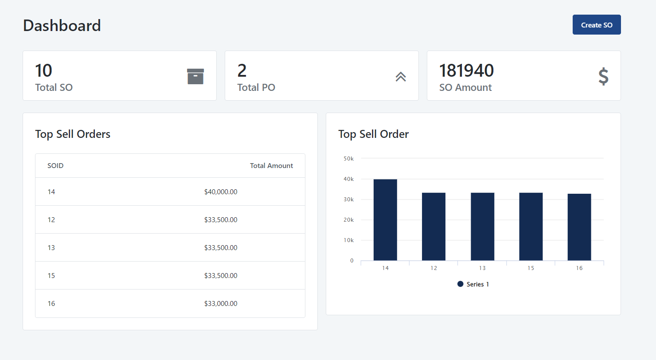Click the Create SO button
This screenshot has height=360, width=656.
click(597, 25)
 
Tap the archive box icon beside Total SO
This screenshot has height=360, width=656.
click(195, 76)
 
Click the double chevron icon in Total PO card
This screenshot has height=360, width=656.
click(401, 77)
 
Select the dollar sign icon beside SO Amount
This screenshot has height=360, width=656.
click(603, 76)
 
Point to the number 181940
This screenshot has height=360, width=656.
click(466, 70)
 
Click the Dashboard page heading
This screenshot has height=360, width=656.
click(62, 25)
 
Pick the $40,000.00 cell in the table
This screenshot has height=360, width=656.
click(221, 192)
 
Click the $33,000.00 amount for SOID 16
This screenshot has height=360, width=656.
click(221, 304)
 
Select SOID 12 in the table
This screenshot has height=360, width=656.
click(51, 220)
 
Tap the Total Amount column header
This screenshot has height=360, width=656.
click(271, 166)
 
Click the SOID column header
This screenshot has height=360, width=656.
click(55, 166)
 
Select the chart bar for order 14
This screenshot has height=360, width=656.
click(385, 219)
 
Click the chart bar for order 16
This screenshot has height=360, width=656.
click(579, 227)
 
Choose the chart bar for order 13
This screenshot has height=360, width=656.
click(482, 227)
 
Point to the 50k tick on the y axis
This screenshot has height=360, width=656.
click(348, 158)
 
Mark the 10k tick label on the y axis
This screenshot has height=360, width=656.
click(348, 240)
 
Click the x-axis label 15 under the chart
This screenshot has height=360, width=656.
click(531, 268)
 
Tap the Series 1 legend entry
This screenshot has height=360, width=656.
click(473, 284)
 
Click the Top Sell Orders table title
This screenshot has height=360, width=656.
click(73, 134)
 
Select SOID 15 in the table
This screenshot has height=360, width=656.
click(51, 276)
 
